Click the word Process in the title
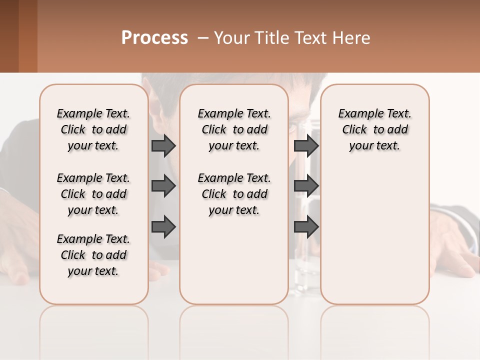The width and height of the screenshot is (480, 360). point(154,38)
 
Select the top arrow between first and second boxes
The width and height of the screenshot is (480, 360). point(163,145)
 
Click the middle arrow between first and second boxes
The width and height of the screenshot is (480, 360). point(163,186)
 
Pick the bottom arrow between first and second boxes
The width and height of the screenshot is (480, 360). point(163,226)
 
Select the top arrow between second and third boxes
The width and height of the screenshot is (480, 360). point(306,145)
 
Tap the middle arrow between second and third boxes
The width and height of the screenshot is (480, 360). point(306,186)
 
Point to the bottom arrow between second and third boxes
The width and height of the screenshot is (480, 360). point(306,226)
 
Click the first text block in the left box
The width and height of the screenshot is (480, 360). point(93,129)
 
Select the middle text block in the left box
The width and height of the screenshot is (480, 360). point(93,194)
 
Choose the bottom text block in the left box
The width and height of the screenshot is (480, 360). point(93,255)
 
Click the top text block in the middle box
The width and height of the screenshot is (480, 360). point(234,129)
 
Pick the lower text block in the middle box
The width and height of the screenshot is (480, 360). point(234,194)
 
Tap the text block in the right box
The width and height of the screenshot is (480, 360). point(374,129)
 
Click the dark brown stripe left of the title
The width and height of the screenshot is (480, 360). point(9,36)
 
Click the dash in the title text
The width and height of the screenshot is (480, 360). point(203,38)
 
